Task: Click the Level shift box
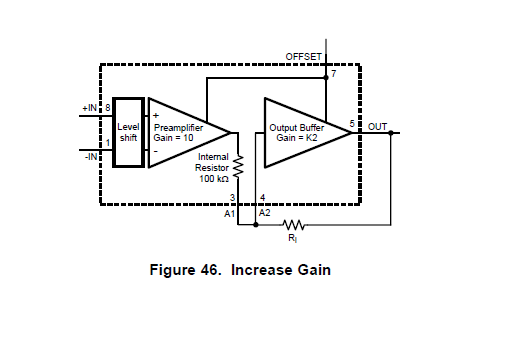[129, 133]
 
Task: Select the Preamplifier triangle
[185, 133]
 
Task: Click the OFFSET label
[304, 57]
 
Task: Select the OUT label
[377, 126]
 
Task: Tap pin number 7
[334, 75]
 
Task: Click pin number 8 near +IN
[107, 107]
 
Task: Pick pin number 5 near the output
[352, 123]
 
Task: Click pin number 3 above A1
[232, 198]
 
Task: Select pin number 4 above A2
[262, 198]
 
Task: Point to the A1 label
[229, 213]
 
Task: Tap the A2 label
[265, 213]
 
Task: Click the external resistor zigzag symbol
[293, 224]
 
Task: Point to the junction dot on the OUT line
[391, 132]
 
